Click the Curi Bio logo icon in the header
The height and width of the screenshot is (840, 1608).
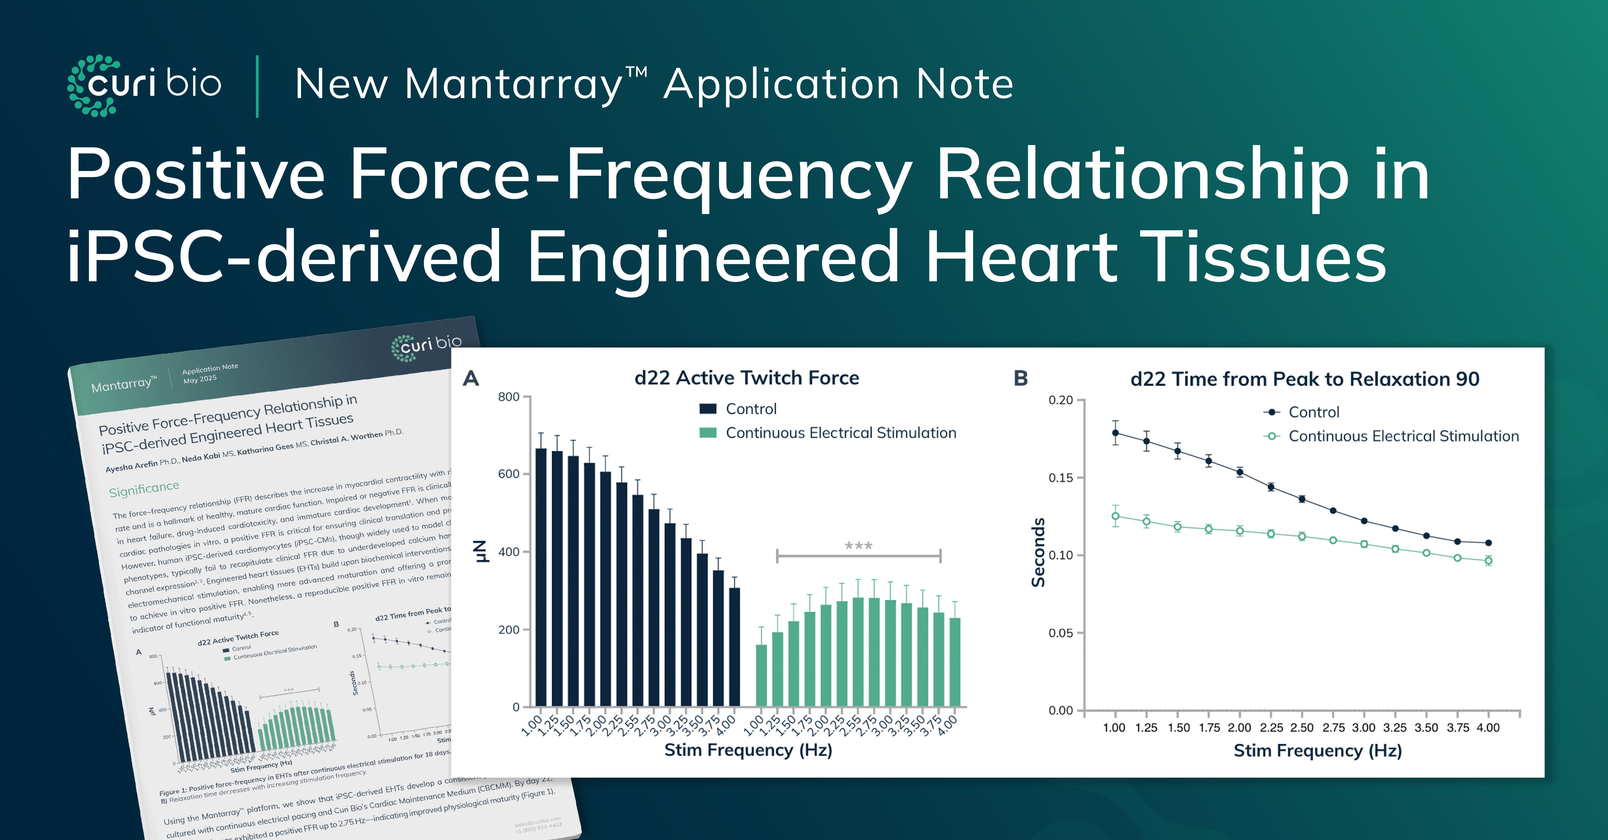click(94, 86)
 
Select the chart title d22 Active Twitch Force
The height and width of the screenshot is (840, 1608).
click(746, 378)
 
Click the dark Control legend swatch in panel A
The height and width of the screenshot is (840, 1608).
click(708, 409)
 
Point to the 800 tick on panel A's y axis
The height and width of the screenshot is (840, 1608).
click(509, 397)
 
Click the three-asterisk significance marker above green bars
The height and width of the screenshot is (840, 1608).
click(858, 547)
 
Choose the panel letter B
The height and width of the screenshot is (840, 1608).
click(1021, 378)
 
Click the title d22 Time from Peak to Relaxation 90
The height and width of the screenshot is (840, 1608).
click(1305, 379)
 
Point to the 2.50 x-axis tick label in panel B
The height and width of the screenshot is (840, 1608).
click(1302, 728)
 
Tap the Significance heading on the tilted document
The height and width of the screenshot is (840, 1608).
click(144, 489)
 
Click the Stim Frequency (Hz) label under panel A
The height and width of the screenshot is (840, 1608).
click(748, 750)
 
